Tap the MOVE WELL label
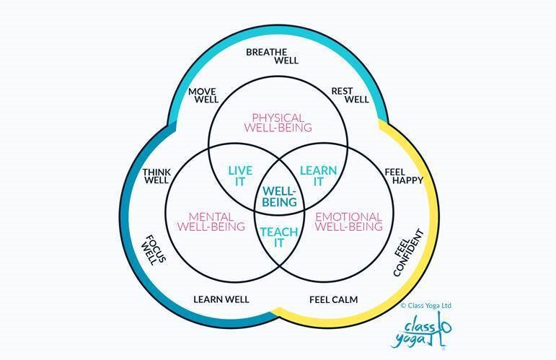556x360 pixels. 203,95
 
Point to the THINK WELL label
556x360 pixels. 156,177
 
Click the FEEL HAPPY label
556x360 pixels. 403,175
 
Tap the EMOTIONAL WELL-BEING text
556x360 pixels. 349,221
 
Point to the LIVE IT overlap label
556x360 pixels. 240,177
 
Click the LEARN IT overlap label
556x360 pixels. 317,177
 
